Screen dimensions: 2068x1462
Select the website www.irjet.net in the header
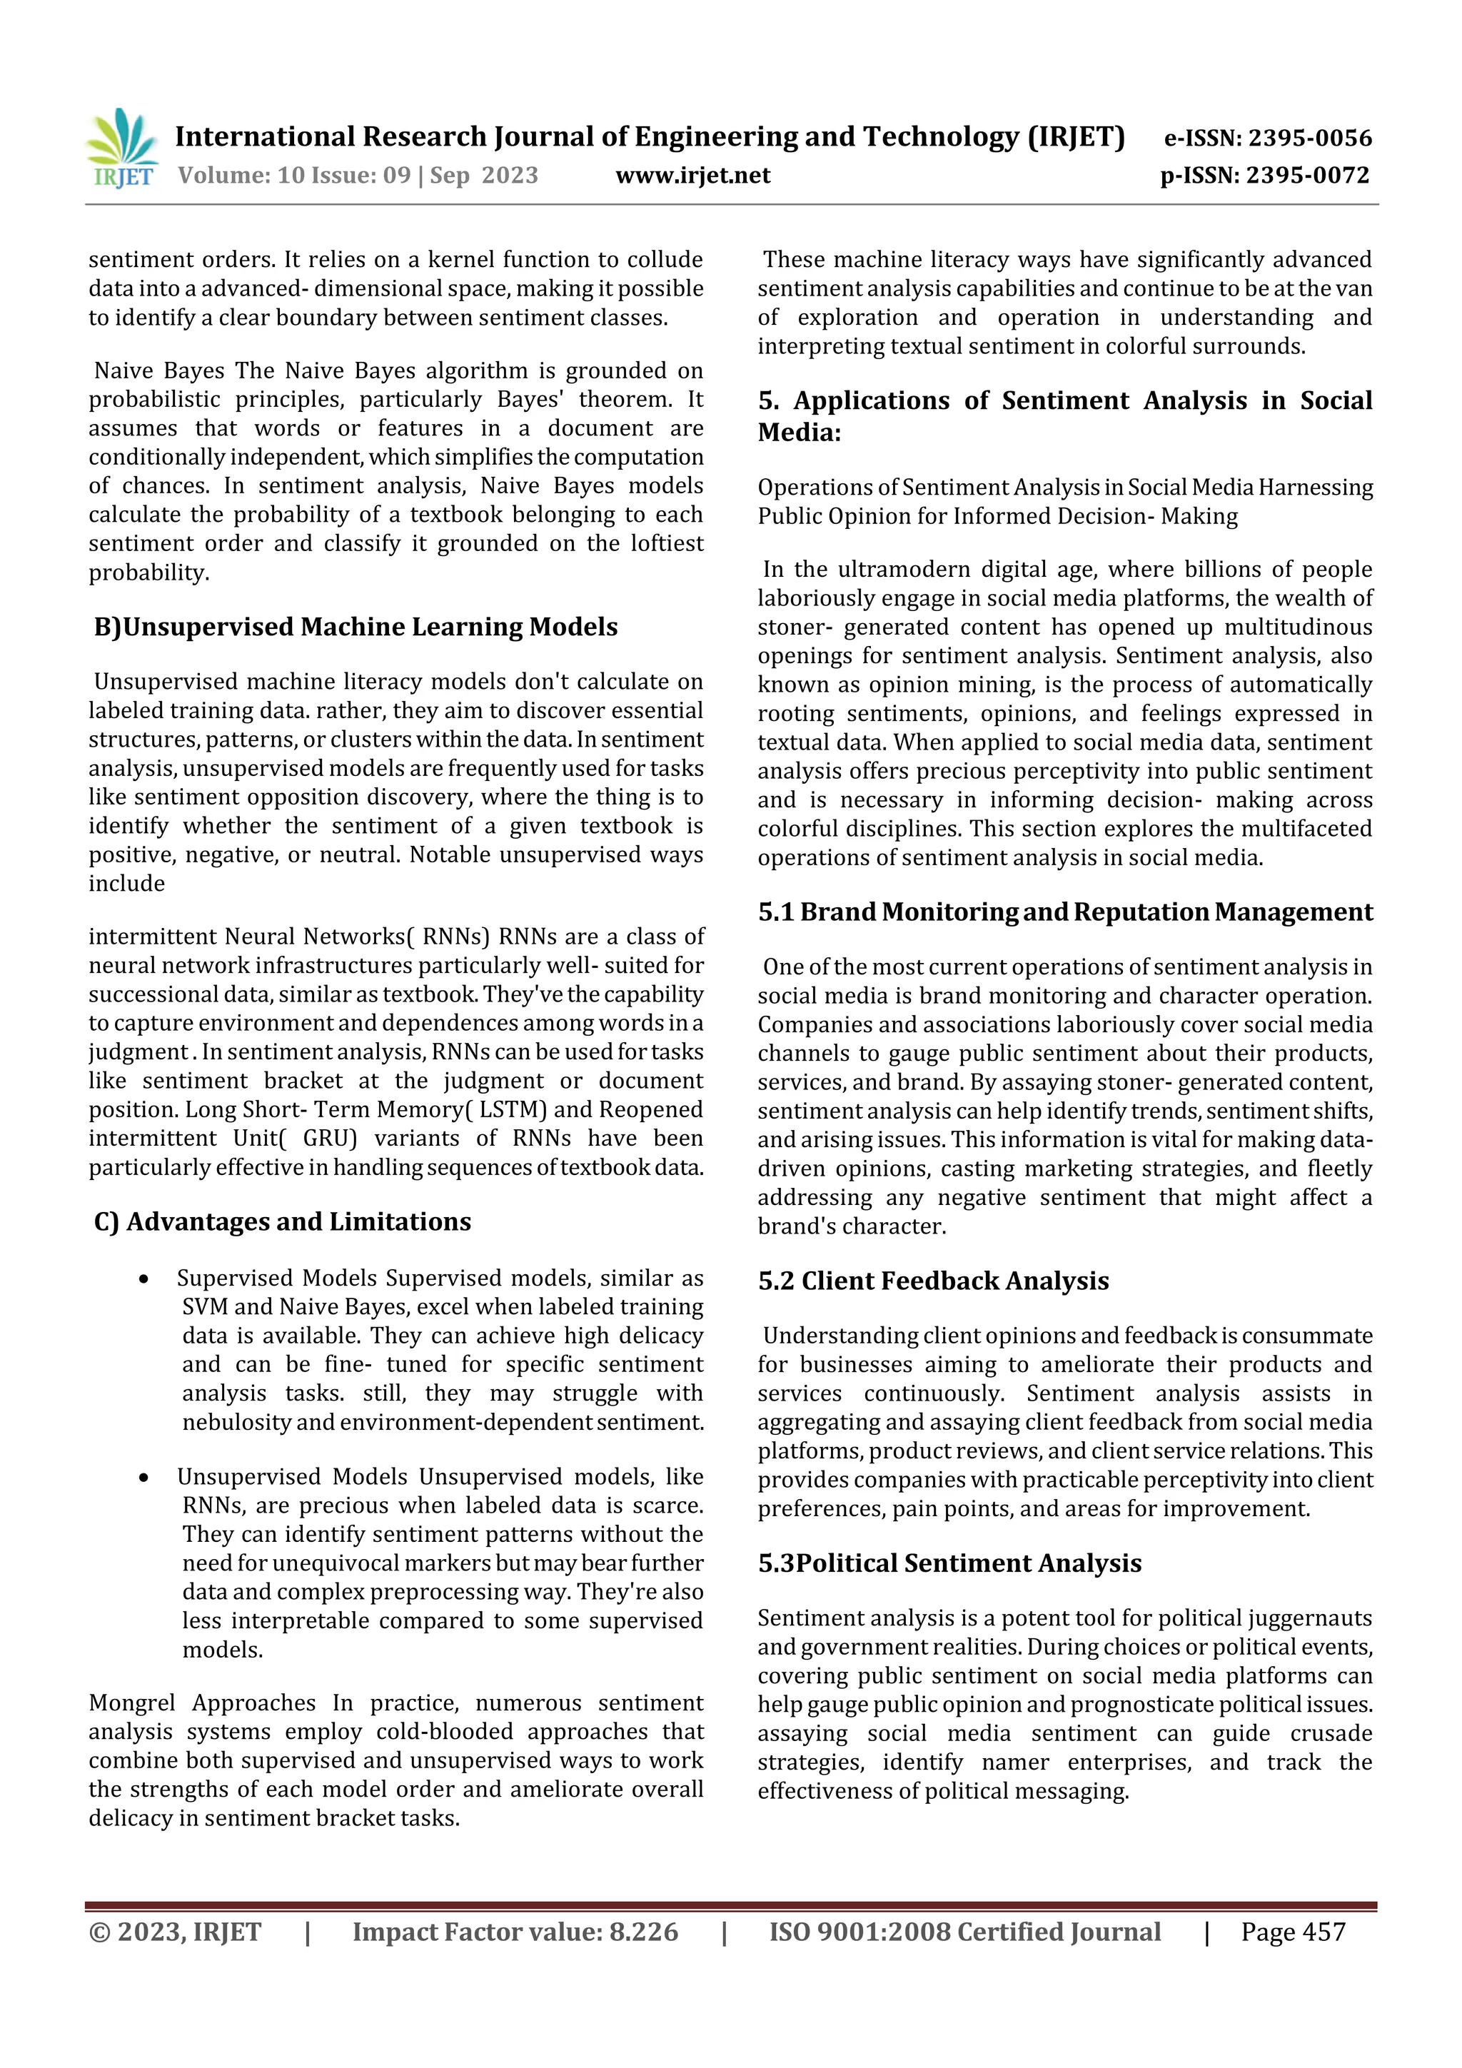tap(692, 175)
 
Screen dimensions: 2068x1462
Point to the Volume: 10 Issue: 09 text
tap(295, 175)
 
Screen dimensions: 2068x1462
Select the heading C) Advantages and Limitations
tap(282, 1221)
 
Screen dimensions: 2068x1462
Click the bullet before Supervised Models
tap(144, 1279)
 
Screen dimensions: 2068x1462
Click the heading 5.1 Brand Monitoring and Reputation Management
tap(1065, 912)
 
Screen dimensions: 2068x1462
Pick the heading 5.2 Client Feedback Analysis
tap(933, 1281)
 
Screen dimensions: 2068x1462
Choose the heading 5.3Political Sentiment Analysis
tap(949, 1563)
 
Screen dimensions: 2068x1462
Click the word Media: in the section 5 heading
tap(799, 433)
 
